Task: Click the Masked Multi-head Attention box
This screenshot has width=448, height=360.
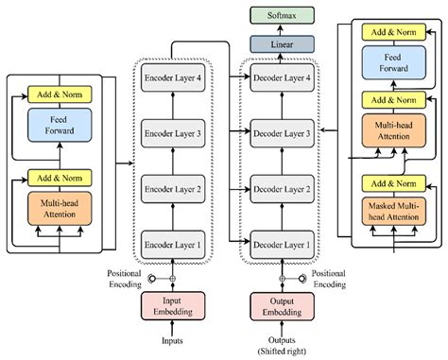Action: (x=390, y=211)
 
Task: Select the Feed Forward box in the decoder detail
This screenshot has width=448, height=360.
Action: (x=390, y=65)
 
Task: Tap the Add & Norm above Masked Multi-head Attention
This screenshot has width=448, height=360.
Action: (x=390, y=182)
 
